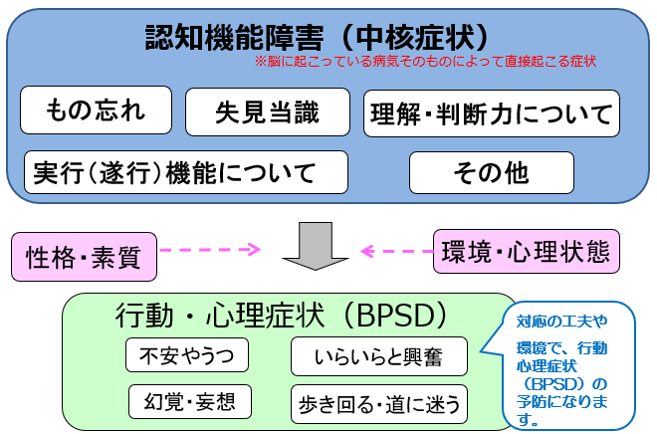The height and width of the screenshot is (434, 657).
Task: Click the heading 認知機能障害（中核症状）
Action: (x=318, y=37)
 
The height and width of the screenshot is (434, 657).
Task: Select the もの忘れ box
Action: (x=96, y=111)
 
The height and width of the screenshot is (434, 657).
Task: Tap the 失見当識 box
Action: (x=268, y=112)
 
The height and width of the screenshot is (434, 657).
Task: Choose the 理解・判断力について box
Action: (x=491, y=113)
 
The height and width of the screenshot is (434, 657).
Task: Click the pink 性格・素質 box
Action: (x=84, y=258)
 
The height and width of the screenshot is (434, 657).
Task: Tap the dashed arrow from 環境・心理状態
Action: (x=395, y=251)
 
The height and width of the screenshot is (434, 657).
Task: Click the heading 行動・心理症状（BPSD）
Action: (x=280, y=316)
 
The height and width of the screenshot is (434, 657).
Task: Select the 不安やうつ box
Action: (x=186, y=356)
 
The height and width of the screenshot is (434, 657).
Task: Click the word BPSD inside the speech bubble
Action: (x=563, y=383)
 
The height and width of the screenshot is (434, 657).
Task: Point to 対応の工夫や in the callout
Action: (x=561, y=322)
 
